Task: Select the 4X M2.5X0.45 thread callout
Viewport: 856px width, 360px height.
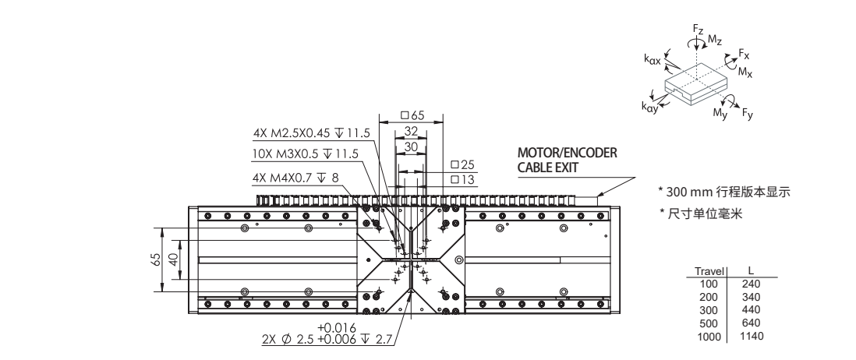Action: [305, 132]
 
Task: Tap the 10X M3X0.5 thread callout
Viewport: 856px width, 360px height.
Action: [306, 154]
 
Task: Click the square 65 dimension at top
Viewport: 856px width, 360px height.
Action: [411, 115]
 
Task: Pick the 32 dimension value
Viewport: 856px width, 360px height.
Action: [411, 132]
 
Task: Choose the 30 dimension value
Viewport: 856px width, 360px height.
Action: [411, 146]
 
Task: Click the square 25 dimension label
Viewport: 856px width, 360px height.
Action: [462, 166]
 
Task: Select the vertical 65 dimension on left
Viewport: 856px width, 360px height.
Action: [156, 260]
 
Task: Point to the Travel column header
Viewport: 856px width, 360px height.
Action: [709, 271]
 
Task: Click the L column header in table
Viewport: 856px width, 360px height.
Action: [749, 271]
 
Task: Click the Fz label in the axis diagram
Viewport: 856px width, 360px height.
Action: [698, 29]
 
